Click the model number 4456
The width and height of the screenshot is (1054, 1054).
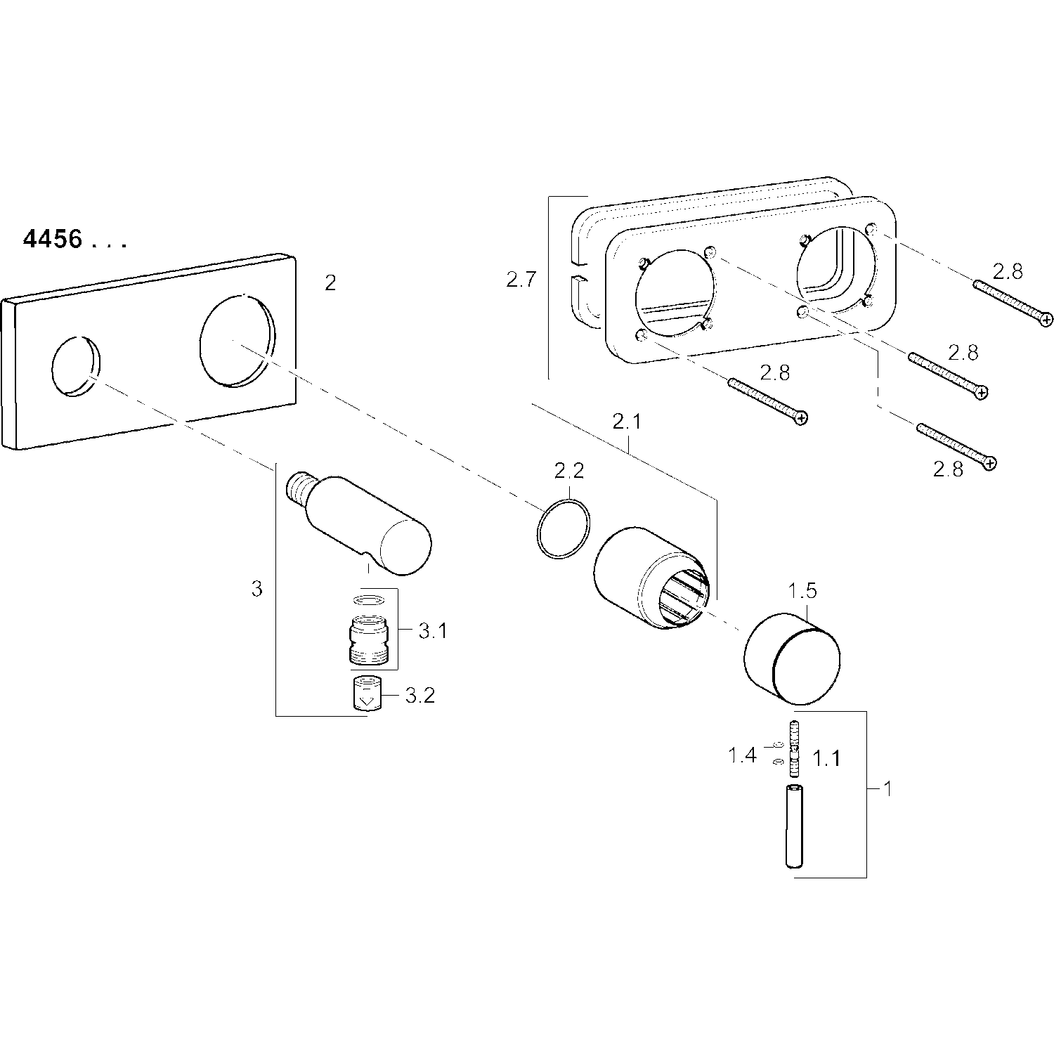point(53,240)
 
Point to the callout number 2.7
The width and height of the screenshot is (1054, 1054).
point(521,280)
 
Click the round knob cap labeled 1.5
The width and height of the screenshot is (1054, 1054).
point(793,658)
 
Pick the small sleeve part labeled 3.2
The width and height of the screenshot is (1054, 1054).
point(365,695)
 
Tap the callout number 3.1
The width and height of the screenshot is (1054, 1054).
point(432,631)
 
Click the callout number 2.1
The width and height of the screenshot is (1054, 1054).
point(627,422)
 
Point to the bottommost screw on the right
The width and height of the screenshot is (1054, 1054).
point(956,445)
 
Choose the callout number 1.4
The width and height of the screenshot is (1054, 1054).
point(741,755)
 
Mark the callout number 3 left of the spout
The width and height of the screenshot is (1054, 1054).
point(256,589)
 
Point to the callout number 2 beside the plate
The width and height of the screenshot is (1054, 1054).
point(330,282)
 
